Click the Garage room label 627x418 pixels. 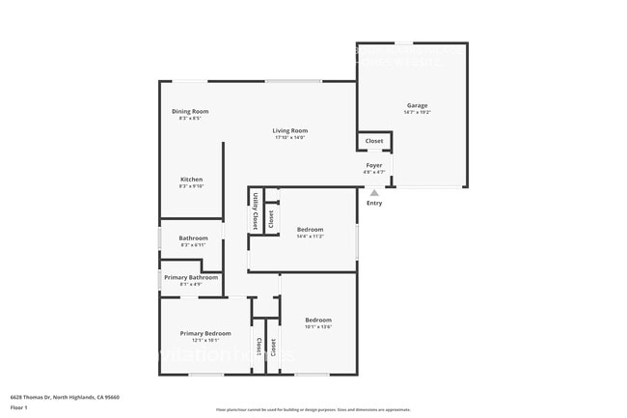click(x=417, y=105)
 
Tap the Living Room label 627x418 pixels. click(x=289, y=130)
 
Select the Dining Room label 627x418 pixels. click(x=190, y=111)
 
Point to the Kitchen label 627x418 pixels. click(x=191, y=180)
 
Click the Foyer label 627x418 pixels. click(x=374, y=165)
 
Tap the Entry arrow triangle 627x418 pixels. click(x=374, y=193)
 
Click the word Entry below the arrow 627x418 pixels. click(x=374, y=203)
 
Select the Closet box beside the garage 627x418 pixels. click(x=374, y=141)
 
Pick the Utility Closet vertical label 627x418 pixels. click(x=255, y=209)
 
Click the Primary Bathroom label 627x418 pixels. click(x=191, y=277)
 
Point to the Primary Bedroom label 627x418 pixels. click(x=205, y=333)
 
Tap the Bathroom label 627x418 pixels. click(x=193, y=237)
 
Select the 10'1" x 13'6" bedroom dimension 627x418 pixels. click(x=318, y=326)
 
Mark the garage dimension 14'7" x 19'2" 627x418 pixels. click(x=417, y=112)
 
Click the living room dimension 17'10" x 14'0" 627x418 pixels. click(x=289, y=137)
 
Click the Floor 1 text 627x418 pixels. click(x=20, y=407)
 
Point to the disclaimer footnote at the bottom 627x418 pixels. click(x=313, y=409)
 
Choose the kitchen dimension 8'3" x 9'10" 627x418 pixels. click(x=191, y=186)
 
